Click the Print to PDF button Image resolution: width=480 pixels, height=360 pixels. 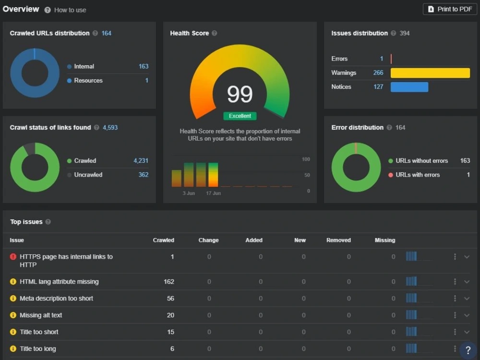coord(450,9)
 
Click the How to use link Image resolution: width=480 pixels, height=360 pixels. coord(70,10)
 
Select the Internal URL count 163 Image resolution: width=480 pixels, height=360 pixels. coord(143,66)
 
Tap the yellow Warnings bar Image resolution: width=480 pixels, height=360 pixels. coord(430,73)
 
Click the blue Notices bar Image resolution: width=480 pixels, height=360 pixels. coord(409,87)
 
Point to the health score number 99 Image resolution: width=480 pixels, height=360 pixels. coord(240,94)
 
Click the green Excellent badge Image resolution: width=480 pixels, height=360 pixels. coord(240,116)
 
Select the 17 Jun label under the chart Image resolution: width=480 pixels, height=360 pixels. coord(214,193)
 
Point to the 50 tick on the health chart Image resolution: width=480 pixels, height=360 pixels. coord(307,175)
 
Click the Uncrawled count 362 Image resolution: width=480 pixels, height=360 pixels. coord(143,175)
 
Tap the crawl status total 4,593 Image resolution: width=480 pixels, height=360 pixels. coord(110,127)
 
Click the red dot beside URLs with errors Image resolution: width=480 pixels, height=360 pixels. coord(391,175)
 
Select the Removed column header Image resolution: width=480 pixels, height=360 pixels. coord(338,240)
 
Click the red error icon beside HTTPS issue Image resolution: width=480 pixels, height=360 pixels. coord(13,256)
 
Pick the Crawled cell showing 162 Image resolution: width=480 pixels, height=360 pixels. coord(169,282)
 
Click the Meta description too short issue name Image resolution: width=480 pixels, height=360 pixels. coord(56,299)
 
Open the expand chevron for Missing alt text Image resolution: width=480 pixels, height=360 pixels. coord(467,315)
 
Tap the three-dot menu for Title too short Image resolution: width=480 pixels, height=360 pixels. coord(455,332)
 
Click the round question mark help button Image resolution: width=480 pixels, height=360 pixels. coord(468,350)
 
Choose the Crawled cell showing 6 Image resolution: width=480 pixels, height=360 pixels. coord(172,348)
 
